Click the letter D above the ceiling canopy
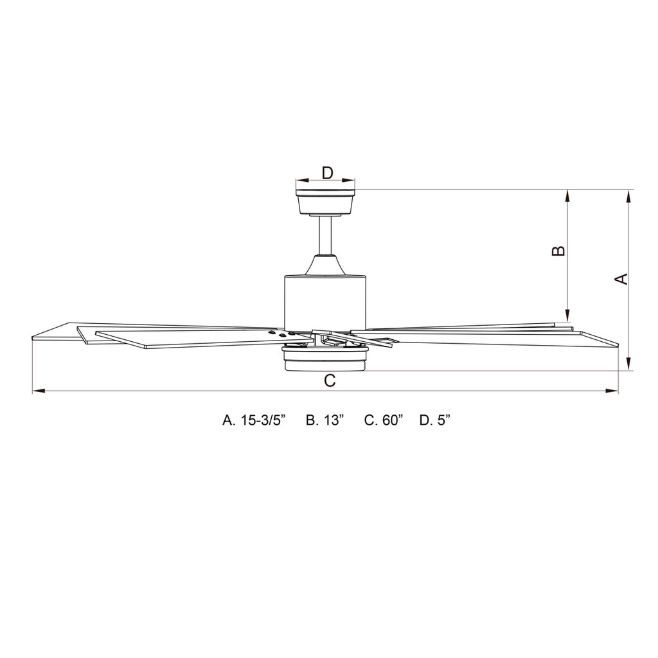(327, 172)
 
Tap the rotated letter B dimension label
(559, 251)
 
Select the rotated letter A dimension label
(621, 278)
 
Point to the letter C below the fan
(329, 381)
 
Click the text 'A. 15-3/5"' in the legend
(254, 420)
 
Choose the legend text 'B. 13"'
(325, 420)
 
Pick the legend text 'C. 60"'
(384, 420)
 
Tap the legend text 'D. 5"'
(435, 420)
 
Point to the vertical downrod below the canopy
(326, 235)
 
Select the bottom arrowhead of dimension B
(567, 316)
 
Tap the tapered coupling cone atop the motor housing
(326, 265)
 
